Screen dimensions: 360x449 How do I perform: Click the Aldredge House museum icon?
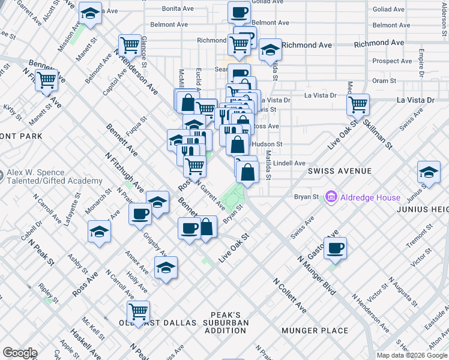point(330,197)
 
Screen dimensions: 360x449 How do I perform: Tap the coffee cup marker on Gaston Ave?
point(336,247)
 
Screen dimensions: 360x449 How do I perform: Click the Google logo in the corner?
point(20,353)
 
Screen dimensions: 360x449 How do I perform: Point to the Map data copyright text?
point(412,355)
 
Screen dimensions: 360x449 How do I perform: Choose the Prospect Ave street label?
point(392,61)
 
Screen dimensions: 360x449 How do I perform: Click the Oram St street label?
point(384,80)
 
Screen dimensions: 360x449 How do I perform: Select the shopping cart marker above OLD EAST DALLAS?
point(138,311)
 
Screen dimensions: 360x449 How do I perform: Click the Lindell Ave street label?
point(289,163)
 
